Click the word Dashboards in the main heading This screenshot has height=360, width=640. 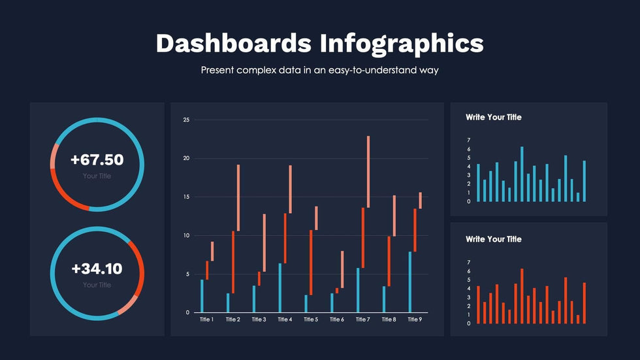[234, 43]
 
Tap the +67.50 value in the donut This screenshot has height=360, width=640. [97, 160]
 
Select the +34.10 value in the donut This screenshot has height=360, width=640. [97, 269]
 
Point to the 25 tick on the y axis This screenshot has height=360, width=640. [186, 120]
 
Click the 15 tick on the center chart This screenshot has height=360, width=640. [186, 197]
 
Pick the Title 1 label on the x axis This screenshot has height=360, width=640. [206, 319]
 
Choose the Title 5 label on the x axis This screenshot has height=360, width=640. [310, 319]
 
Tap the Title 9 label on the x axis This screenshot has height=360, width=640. [414, 319]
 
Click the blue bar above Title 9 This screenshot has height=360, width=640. [410, 282]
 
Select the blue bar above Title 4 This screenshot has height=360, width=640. [280, 287]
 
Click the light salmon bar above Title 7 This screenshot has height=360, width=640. [368, 172]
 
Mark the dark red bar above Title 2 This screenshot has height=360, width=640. [233, 262]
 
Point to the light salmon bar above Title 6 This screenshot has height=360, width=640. [342, 269]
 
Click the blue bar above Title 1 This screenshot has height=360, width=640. [202, 296]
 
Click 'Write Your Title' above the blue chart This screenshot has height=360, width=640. [494, 118]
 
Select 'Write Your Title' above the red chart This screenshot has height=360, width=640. [494, 239]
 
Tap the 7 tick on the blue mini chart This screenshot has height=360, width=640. [469, 140]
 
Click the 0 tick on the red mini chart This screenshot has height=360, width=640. [469, 323]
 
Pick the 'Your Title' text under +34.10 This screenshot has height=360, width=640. [97, 285]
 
